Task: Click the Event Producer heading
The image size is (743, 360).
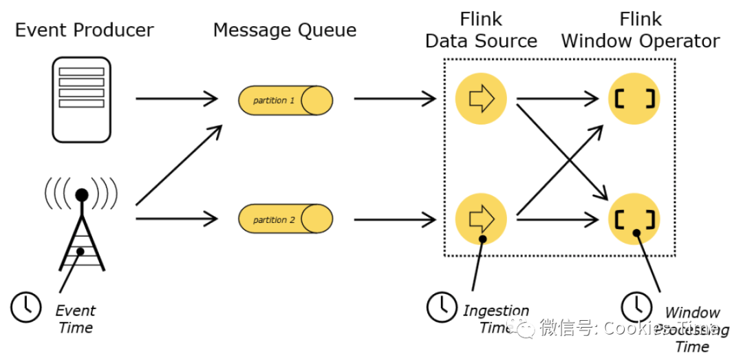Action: [x=84, y=30]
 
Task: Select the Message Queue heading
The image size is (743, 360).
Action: [x=284, y=30]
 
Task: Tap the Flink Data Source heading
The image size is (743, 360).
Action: [x=481, y=30]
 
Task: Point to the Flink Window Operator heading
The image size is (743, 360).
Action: [x=640, y=30]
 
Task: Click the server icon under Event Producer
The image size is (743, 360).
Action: [x=82, y=98]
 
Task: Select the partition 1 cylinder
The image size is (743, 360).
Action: [x=285, y=100]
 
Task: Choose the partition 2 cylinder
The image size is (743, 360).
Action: [x=285, y=220]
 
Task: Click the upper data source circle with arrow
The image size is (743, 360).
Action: [x=481, y=98]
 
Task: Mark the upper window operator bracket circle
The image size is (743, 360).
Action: [x=634, y=98]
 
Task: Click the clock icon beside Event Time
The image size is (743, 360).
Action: [x=26, y=306]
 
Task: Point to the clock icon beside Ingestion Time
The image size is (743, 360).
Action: [x=442, y=307]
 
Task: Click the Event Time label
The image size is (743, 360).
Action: [x=76, y=319]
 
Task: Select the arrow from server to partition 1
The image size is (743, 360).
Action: [x=177, y=99]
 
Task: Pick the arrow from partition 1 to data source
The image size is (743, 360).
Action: [x=395, y=99]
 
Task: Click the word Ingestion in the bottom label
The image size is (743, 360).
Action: [x=496, y=311]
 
